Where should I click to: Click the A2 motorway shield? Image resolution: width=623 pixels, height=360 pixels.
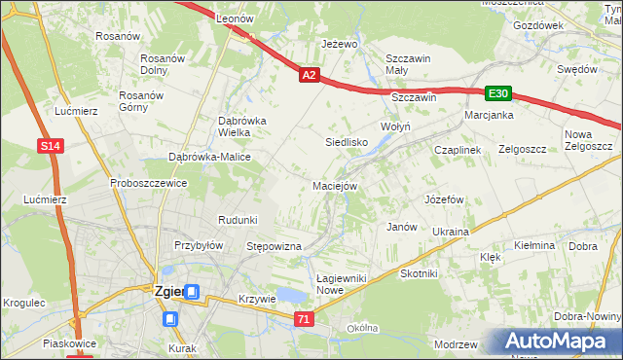click(x=309, y=74)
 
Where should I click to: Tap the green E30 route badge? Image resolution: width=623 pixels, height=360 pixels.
click(x=498, y=93)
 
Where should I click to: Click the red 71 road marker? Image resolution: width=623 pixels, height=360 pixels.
click(x=306, y=318)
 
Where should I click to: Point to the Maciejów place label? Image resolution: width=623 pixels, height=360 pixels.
click(x=336, y=185)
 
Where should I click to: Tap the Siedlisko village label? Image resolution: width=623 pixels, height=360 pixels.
click(x=346, y=142)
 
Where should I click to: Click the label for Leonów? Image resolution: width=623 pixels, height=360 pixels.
click(x=235, y=18)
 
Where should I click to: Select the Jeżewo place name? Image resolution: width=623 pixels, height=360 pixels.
click(x=341, y=44)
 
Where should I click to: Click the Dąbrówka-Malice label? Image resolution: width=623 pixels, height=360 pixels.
click(x=210, y=157)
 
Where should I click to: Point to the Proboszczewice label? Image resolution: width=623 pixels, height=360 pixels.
click(x=148, y=183)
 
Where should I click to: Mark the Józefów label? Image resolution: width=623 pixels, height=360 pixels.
click(x=443, y=199)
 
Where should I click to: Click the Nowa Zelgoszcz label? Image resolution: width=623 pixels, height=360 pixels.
click(x=587, y=140)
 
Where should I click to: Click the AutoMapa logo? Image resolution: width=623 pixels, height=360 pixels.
click(x=557, y=342)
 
